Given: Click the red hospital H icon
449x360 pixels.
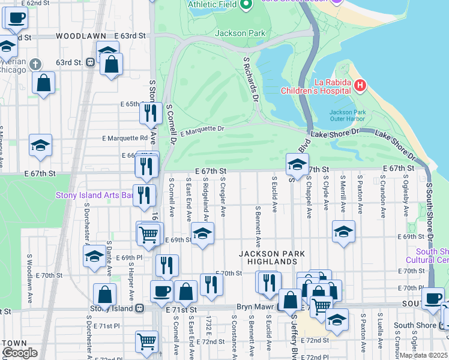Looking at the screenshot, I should click(360, 85).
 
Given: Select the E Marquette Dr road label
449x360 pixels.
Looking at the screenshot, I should click(201, 130).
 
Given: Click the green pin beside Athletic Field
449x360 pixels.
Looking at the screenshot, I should click(246, 5).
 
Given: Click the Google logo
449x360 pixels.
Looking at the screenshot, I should click(19, 353).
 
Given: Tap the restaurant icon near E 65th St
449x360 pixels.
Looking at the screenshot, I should click(151, 112).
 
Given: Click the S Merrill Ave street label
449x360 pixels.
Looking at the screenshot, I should click(343, 194).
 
